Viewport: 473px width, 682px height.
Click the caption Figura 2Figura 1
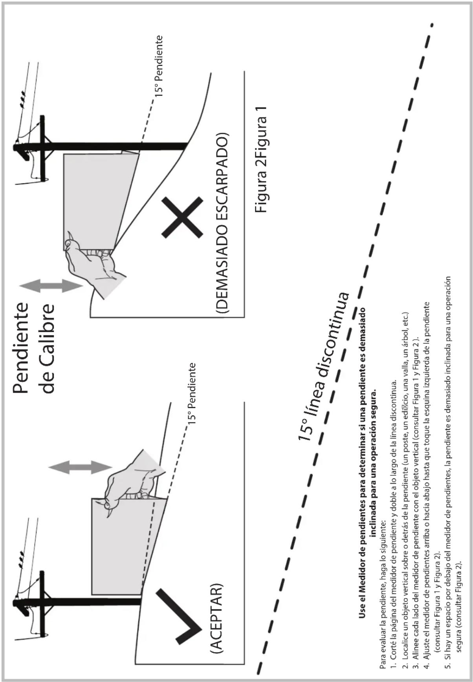coord(261,159)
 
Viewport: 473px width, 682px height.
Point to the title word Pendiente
coord(21,347)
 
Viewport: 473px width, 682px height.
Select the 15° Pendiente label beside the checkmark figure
coord(191,393)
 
